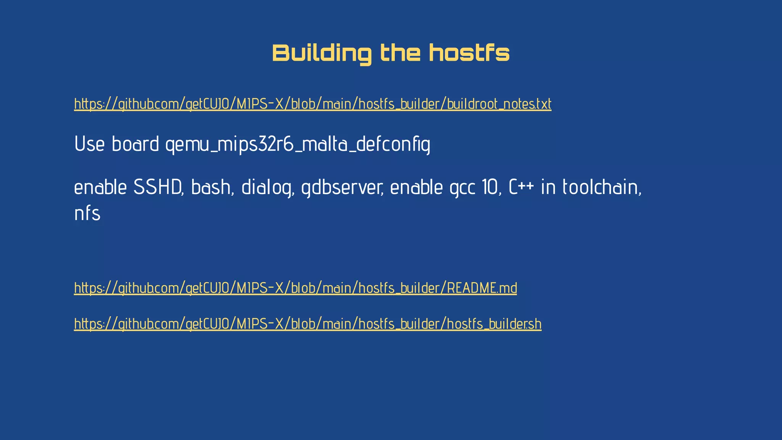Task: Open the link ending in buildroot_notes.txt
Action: point(312,104)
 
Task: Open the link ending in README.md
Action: point(295,288)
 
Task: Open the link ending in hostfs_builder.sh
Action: point(307,324)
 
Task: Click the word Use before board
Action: point(89,144)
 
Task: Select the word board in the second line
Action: point(135,144)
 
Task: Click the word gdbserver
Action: point(342,188)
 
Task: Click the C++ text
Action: point(521,188)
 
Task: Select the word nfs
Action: point(87,214)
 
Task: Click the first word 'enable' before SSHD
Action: point(100,188)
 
